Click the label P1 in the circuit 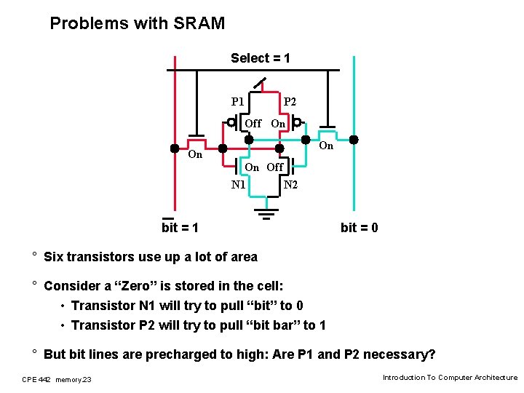tap(238, 101)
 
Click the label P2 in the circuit tap(290, 101)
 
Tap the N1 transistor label tap(239, 185)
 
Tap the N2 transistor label tap(290, 185)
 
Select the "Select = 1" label tap(261, 58)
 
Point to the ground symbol tap(266, 213)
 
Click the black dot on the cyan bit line tap(354, 140)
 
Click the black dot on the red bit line tap(175, 148)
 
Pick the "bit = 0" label tap(359, 228)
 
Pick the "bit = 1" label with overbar tap(180, 228)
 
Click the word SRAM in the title tap(199, 23)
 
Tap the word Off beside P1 tap(253, 124)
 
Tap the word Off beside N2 tap(275, 167)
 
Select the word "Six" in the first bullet tap(54, 256)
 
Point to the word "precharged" tap(180, 354)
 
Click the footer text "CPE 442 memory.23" tap(57, 378)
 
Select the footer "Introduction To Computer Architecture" tap(450, 378)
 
